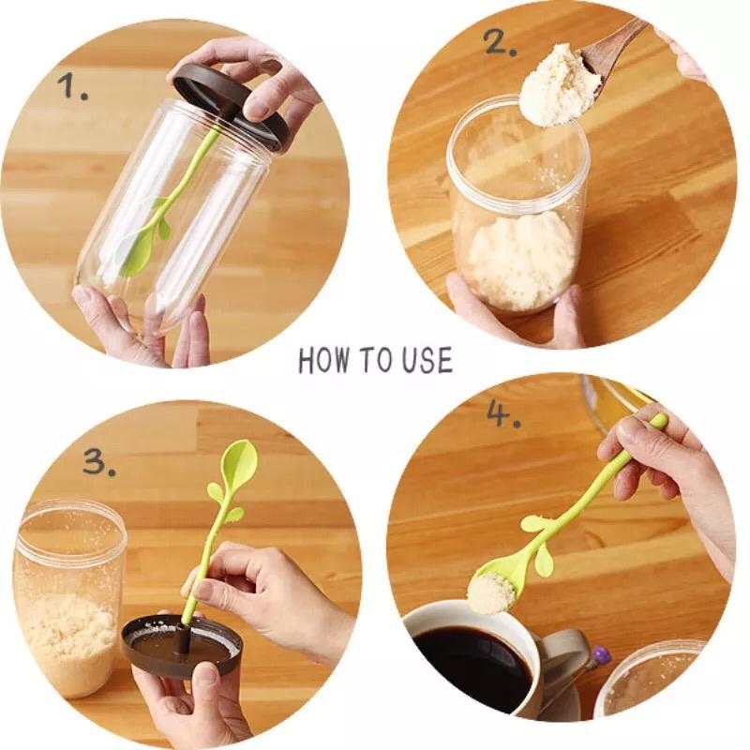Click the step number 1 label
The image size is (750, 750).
tap(73, 86)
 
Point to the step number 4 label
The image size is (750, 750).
tap(503, 412)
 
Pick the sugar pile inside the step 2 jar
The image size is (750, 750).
tap(519, 261)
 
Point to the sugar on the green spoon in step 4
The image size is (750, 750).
tap(493, 593)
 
